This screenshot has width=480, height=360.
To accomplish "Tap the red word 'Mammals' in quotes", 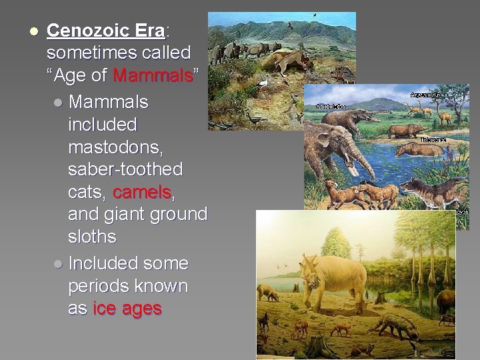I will [x=153, y=75].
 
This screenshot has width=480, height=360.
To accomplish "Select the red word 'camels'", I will [x=142, y=192].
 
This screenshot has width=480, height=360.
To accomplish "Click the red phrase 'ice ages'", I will [x=127, y=309].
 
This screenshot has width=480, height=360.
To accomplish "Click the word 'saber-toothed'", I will [x=125, y=170].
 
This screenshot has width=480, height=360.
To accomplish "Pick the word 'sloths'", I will [x=92, y=237].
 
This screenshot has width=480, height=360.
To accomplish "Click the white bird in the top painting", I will [x=265, y=84].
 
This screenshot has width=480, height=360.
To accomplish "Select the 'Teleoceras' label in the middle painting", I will [x=433, y=141].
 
